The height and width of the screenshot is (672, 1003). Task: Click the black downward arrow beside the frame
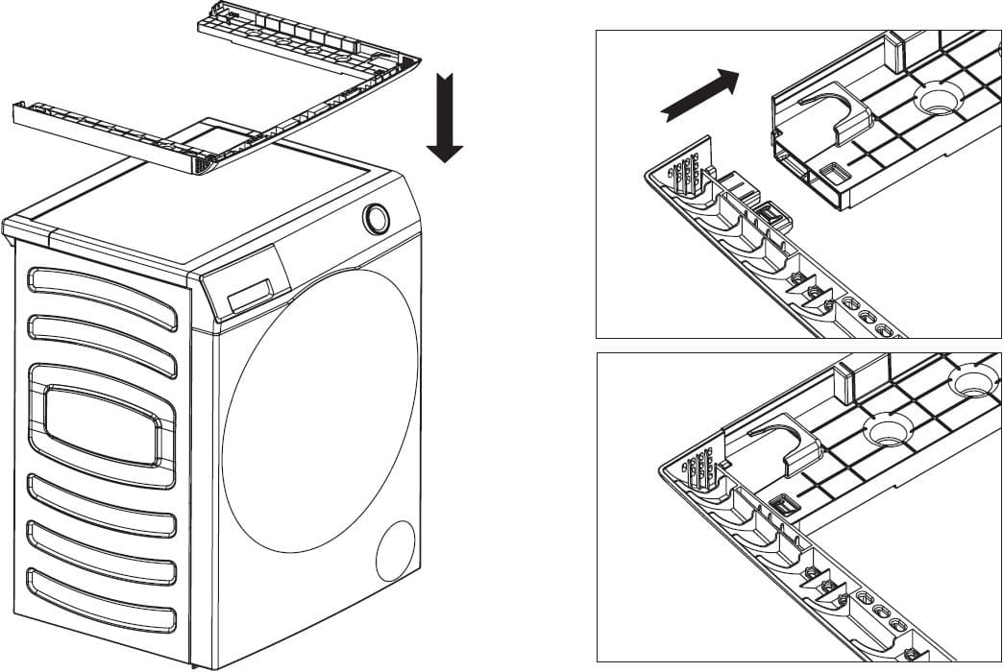444,120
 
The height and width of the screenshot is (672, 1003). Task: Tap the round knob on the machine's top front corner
377,219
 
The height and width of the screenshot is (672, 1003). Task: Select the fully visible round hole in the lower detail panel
888,427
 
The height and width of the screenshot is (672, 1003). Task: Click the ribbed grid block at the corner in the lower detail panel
702,469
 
